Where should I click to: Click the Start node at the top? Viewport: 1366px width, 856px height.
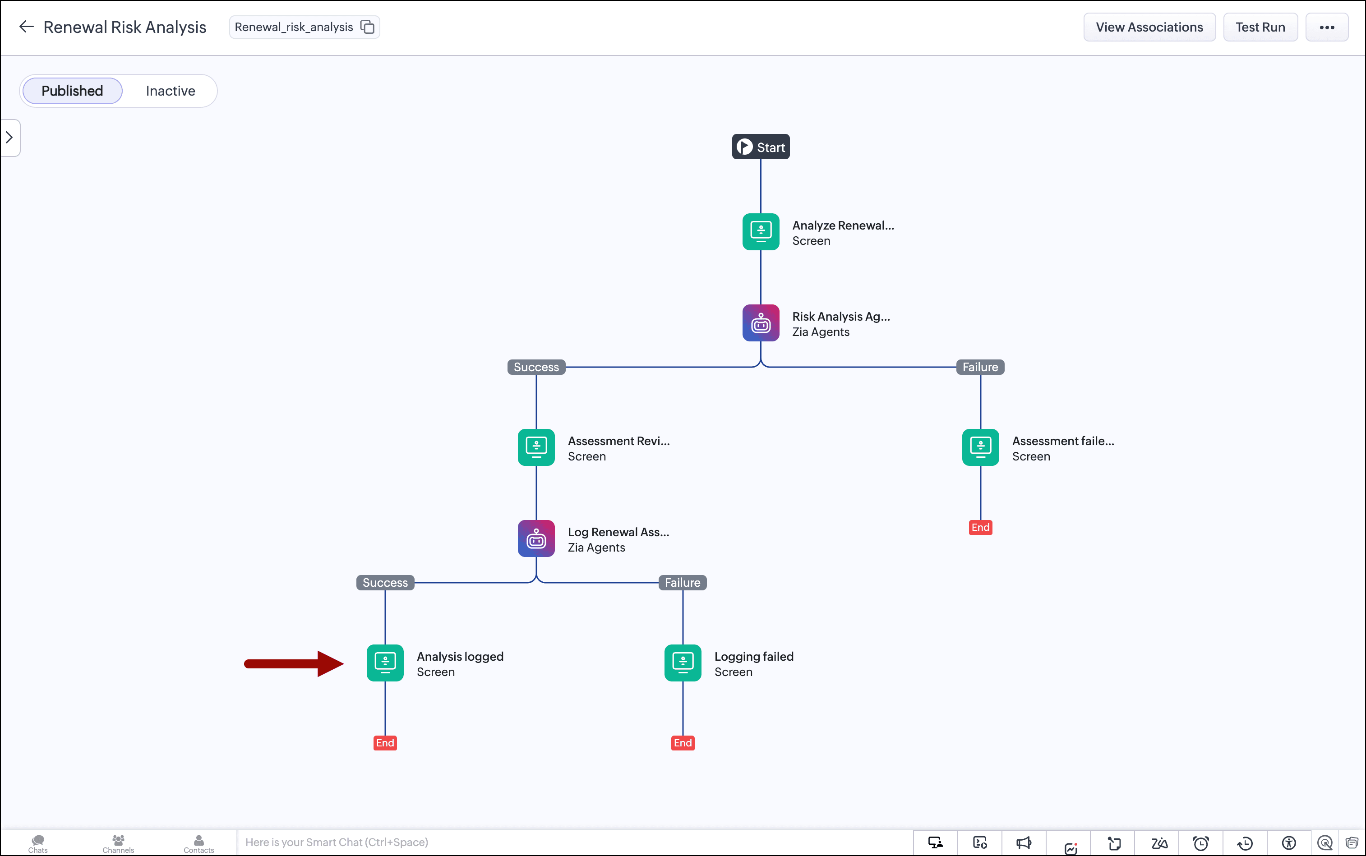(x=761, y=147)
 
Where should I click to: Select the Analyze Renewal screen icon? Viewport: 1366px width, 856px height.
(x=761, y=231)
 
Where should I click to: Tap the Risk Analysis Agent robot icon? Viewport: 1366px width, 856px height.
(x=761, y=323)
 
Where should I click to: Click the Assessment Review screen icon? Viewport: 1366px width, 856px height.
(x=536, y=447)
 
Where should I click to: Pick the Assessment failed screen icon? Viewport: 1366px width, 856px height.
(x=980, y=447)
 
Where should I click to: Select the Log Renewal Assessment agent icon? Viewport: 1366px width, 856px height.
(x=536, y=538)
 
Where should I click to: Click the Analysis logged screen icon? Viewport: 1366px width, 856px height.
(x=385, y=663)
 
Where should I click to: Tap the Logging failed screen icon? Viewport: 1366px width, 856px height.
(x=683, y=663)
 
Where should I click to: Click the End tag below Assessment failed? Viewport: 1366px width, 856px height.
(x=980, y=528)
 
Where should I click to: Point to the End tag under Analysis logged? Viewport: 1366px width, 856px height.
(x=385, y=743)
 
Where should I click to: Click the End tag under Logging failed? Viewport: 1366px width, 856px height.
(x=683, y=743)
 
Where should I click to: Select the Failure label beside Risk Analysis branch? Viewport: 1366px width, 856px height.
(x=980, y=367)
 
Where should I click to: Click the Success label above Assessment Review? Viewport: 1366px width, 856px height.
(x=536, y=367)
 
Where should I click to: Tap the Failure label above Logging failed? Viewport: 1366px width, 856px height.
(x=683, y=583)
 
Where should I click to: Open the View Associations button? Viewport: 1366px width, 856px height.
(x=1149, y=27)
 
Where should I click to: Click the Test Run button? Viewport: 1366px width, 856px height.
(x=1260, y=27)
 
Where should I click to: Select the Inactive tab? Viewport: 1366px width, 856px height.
(x=171, y=91)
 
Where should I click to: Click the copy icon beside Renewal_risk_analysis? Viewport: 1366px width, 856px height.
(x=368, y=27)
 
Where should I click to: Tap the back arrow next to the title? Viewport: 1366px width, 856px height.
(x=26, y=27)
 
